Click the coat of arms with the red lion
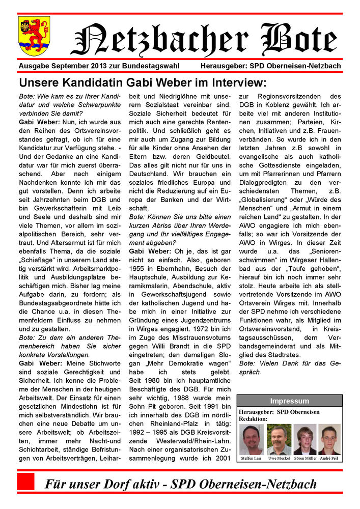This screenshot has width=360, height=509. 34,35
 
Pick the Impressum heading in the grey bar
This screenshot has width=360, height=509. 289,401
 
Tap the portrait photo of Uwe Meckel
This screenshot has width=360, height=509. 279,439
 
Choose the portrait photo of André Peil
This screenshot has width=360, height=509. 329,439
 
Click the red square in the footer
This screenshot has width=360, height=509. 26,482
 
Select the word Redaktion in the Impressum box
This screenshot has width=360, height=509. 253,418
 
